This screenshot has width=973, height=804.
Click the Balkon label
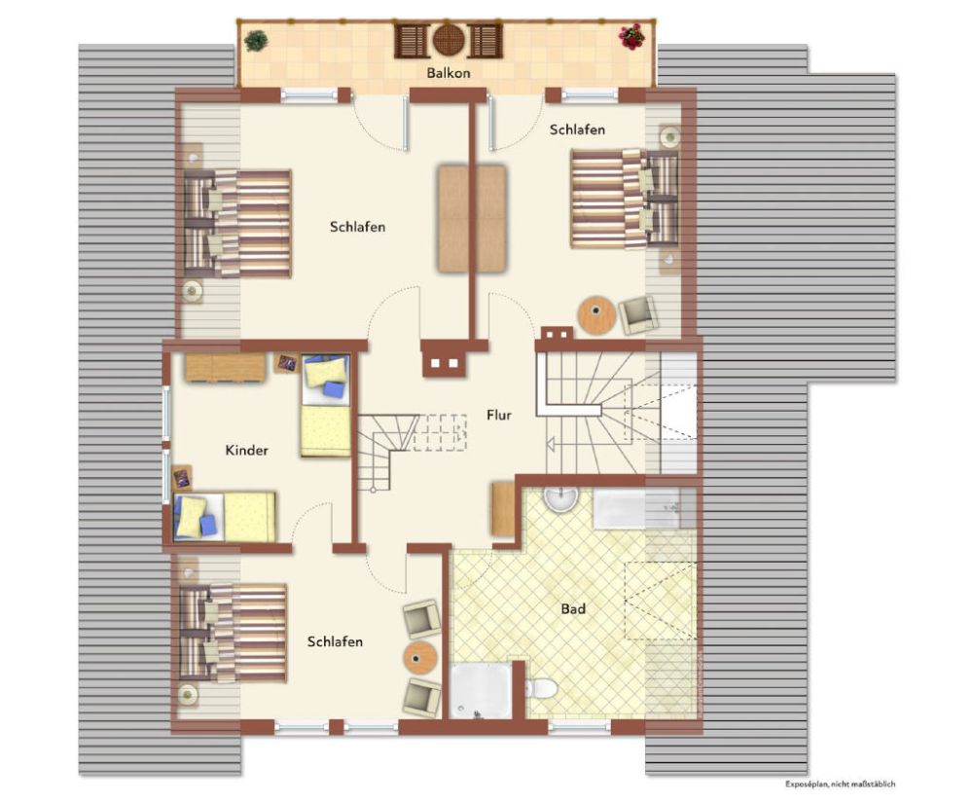coord(448,73)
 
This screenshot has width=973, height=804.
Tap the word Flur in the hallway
coord(499,415)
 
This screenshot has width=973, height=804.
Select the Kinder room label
coord(246,450)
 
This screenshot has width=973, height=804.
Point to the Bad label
coord(573,609)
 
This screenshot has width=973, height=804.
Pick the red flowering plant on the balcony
coord(631,37)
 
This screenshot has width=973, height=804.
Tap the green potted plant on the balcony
coord(256,41)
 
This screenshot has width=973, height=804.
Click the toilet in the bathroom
coord(541,688)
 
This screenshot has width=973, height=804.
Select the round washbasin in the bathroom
coord(561,496)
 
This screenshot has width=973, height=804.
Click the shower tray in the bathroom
coord(481,690)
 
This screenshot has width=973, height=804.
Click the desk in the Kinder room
coord(226,367)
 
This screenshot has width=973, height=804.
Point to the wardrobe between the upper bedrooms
coord(472,219)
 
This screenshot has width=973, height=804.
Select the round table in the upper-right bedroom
coord(597,316)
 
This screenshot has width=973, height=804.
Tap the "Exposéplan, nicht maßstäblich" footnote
coord(840,785)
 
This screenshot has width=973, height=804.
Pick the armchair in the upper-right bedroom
coord(637,314)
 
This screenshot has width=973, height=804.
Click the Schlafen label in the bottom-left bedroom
coord(335,641)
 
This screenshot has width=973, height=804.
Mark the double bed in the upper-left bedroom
coord(237,224)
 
